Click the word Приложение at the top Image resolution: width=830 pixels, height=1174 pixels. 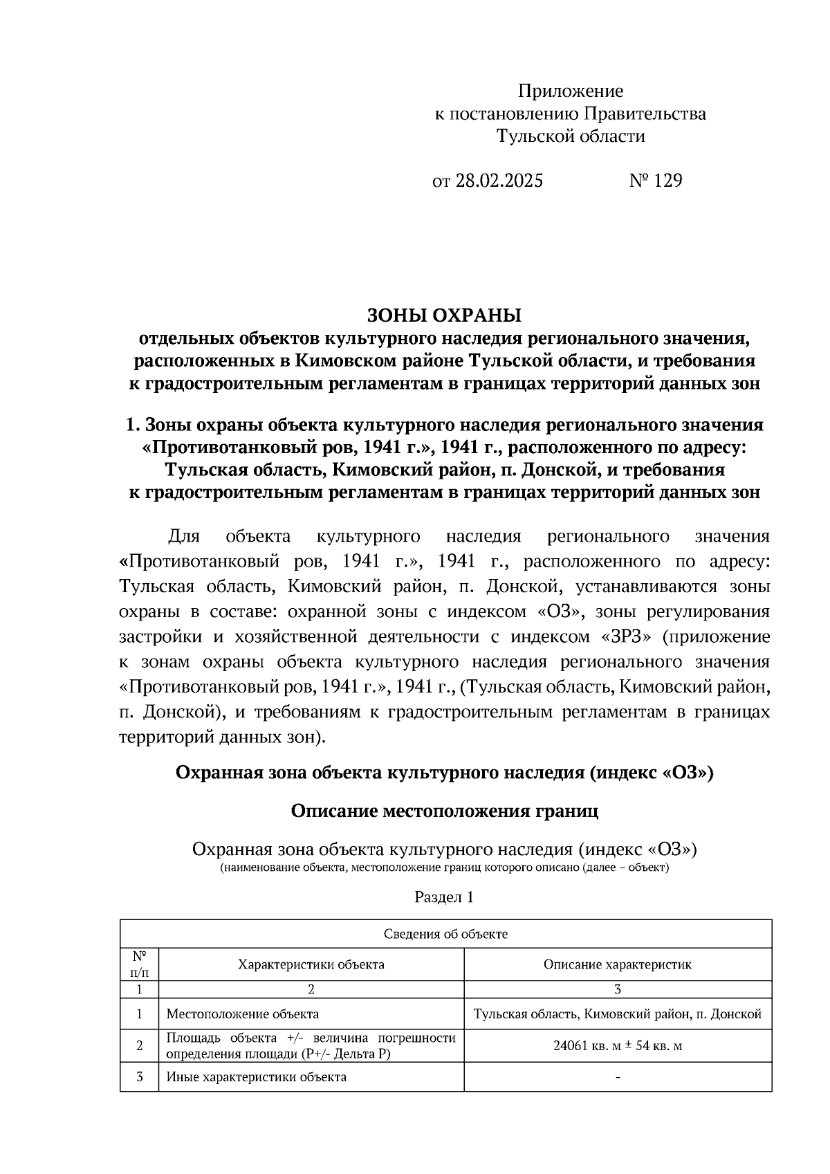[x=571, y=91]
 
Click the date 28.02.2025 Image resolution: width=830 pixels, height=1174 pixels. [x=499, y=181]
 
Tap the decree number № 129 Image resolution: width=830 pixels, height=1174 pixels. [x=655, y=181]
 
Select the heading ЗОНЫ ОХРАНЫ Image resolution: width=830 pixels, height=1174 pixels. [x=443, y=315]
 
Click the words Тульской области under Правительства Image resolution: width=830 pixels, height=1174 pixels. [x=571, y=136]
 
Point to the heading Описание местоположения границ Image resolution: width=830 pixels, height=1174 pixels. [x=444, y=811]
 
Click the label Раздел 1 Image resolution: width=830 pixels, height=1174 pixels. [x=444, y=897]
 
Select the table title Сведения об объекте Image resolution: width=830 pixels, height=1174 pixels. [x=445, y=934]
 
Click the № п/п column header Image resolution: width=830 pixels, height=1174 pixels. [x=139, y=964]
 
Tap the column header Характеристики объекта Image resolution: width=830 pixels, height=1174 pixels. [x=311, y=964]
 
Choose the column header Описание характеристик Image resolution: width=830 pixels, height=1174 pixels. [x=617, y=964]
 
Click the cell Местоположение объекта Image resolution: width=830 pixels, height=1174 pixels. [x=243, y=1014]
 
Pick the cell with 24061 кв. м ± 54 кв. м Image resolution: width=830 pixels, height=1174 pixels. [x=617, y=1045]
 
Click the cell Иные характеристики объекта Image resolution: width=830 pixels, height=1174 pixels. [x=257, y=1077]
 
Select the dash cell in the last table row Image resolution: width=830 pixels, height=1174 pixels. [x=617, y=1078]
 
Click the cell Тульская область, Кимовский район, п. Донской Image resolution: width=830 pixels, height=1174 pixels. [x=617, y=1014]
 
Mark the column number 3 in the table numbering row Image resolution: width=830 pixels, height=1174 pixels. [x=617, y=989]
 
